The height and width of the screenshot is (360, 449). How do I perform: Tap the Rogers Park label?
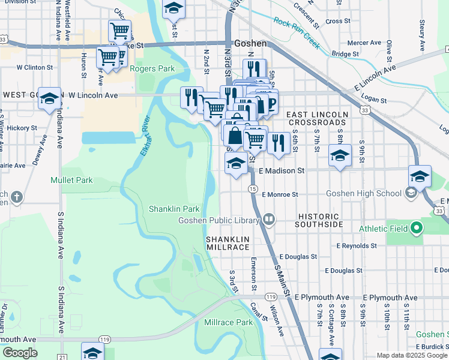pos(152,69)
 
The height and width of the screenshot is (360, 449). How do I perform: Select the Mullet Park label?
pos(71,180)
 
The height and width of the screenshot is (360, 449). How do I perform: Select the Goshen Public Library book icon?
pos(270,220)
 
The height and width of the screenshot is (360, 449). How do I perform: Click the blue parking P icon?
pos(271,102)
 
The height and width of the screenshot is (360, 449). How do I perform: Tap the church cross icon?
pos(16,196)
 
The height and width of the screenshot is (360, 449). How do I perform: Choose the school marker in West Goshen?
pos(49,99)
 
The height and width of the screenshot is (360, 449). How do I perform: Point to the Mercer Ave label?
pos(364,43)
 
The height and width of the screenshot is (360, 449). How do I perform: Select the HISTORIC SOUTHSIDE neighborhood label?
pos(319,220)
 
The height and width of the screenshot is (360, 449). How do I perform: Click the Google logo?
pos(20,353)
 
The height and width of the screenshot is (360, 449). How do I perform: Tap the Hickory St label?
pos(22,128)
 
